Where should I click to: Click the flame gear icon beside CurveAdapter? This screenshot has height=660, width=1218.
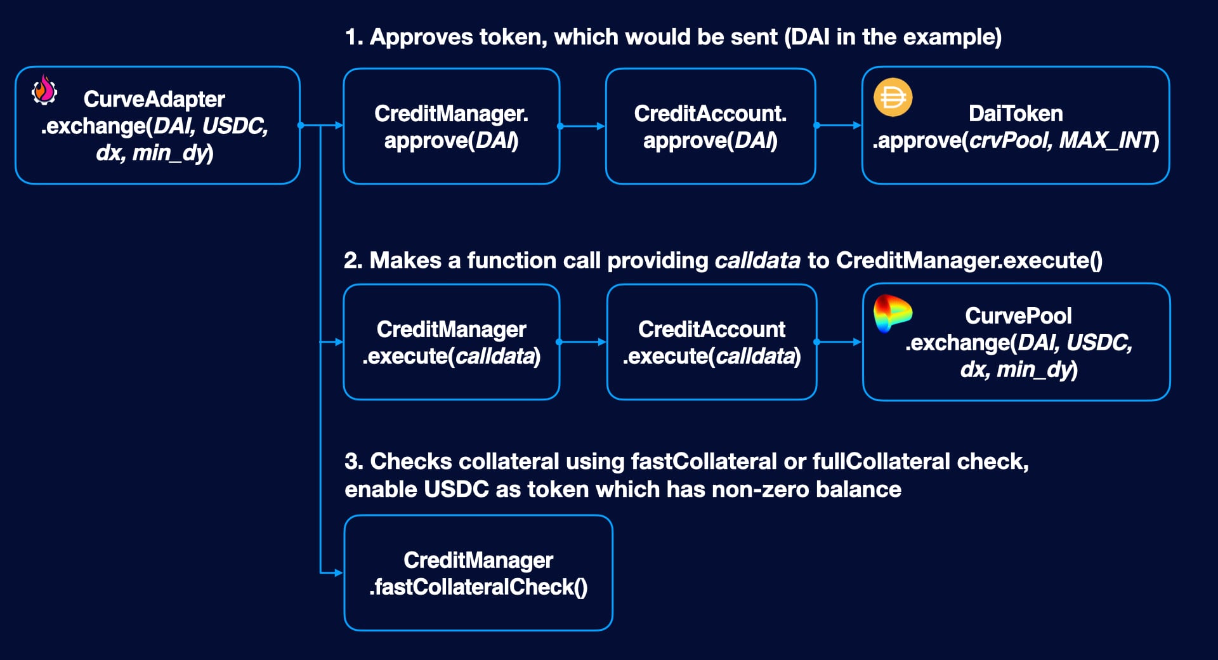[x=44, y=90]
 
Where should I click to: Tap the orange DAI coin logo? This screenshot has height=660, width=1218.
[x=893, y=98]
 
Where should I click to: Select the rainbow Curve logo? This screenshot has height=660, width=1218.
[x=892, y=313]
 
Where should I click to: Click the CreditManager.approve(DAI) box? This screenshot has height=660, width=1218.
[x=451, y=126]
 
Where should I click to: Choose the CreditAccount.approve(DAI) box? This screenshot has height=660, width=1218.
[x=710, y=126]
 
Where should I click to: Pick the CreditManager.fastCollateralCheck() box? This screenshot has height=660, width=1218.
[x=478, y=573]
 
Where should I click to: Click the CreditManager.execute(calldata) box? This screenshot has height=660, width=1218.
[x=451, y=342]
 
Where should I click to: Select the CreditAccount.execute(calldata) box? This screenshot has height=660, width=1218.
[x=711, y=342]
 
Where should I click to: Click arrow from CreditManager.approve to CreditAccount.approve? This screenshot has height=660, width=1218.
[x=582, y=126]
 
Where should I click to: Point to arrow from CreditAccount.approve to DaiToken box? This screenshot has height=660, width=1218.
[x=839, y=126]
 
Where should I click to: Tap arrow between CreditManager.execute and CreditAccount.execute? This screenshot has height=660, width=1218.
[x=582, y=342]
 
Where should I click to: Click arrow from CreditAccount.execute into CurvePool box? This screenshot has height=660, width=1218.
[x=839, y=342]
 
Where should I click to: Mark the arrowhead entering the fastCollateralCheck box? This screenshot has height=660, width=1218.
[x=338, y=573]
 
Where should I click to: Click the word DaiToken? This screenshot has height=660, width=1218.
[x=1015, y=114]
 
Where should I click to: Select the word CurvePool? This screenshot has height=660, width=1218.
[x=1018, y=315]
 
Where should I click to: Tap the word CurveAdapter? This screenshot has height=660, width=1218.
[x=154, y=99]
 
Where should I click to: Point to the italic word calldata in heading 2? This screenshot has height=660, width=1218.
[x=757, y=261]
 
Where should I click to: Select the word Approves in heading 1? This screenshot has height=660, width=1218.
[x=421, y=37]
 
